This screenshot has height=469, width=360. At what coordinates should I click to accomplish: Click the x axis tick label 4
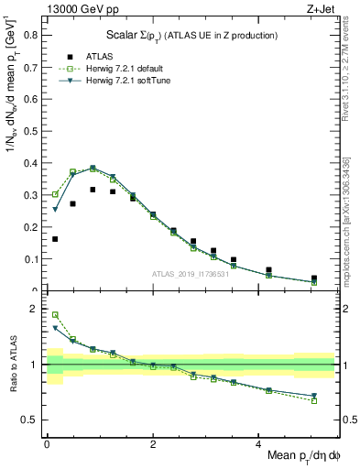(x=257, y=442)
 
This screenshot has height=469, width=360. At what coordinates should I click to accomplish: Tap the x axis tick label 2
(x=152, y=442)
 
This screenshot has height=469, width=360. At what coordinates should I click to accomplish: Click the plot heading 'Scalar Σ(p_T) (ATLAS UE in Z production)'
(x=192, y=34)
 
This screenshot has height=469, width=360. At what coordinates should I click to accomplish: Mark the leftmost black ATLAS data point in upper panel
(x=55, y=239)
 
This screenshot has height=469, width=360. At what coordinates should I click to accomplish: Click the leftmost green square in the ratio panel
(x=55, y=314)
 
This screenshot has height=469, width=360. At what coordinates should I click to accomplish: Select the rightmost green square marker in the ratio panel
(x=314, y=400)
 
